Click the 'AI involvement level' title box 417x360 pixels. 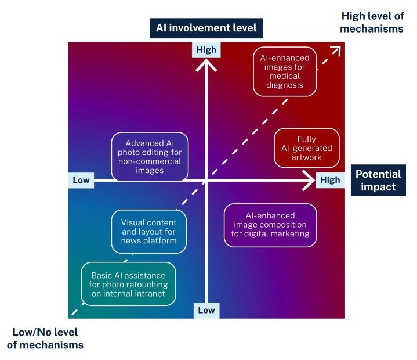[x=206, y=27]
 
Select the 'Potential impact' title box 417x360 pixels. [x=378, y=180]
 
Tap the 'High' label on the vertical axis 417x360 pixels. [x=206, y=50]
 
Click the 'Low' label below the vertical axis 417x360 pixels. [x=206, y=310]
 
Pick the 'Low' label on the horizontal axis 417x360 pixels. [x=81, y=180]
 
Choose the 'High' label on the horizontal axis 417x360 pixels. [x=330, y=180]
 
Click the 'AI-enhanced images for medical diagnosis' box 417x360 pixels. [x=285, y=71]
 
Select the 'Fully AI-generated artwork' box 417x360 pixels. [x=306, y=149]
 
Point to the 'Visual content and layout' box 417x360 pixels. [x=149, y=232]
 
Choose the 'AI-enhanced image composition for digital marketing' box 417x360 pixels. [x=271, y=225]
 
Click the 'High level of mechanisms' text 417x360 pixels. [x=371, y=23]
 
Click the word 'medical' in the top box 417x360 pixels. [x=285, y=76]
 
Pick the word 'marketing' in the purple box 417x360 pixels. [x=290, y=234]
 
